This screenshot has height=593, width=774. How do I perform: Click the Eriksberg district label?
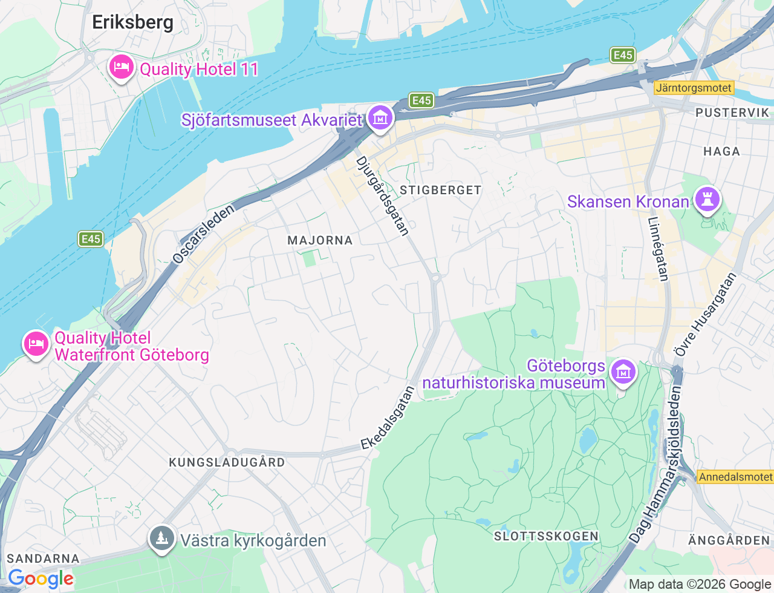(132, 22)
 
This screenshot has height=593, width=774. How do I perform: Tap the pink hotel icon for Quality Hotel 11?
(122, 67)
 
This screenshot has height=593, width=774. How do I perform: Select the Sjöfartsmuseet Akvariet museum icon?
(380, 118)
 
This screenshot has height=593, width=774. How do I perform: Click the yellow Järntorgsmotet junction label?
(694, 88)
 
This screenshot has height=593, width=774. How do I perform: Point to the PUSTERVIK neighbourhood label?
(732, 113)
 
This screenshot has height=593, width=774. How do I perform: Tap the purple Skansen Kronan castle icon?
(707, 200)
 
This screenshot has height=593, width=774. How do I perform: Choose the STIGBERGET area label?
(440, 190)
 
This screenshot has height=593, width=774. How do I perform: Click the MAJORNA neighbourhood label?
(320, 240)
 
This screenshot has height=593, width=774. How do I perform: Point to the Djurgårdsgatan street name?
(383, 195)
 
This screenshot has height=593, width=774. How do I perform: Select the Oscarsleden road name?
(203, 234)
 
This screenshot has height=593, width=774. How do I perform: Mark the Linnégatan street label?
(659, 249)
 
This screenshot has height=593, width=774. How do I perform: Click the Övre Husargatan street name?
(705, 315)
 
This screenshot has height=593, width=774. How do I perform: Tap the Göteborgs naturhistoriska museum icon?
(623, 372)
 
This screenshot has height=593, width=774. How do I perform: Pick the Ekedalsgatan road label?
(388, 418)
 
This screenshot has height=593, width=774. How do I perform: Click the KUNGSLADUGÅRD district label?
(227, 462)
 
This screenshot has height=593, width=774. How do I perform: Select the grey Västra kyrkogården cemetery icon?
(161, 539)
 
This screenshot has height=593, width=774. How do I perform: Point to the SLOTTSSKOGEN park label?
(546, 536)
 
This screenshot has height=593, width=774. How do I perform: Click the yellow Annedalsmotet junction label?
(735, 477)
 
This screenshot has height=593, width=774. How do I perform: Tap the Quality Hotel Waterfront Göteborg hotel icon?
(36, 344)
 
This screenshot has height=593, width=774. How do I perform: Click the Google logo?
(41, 579)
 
